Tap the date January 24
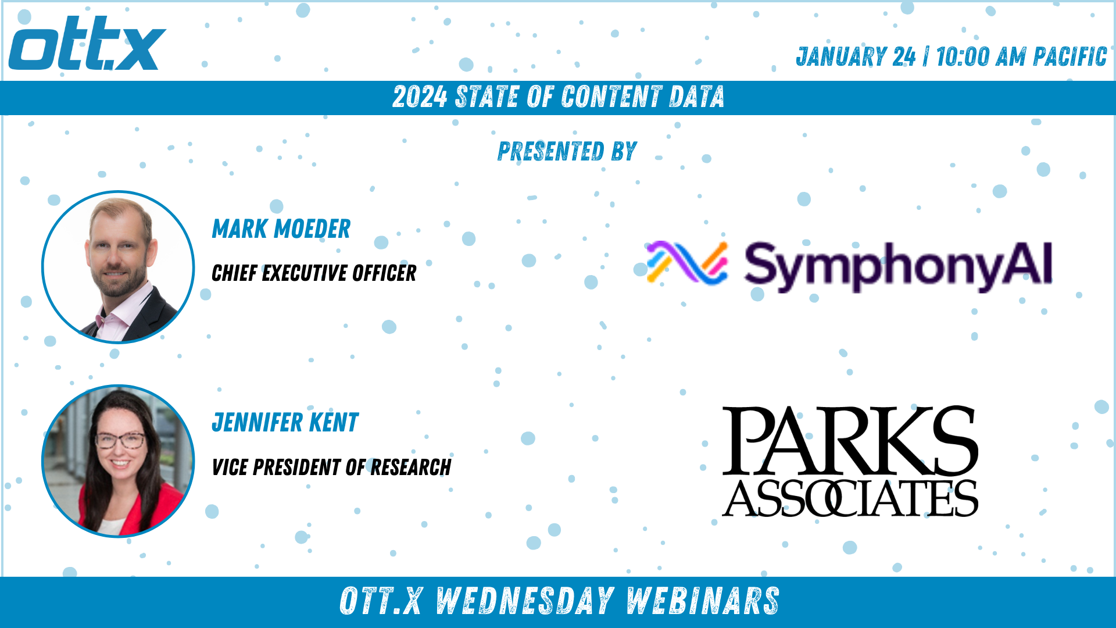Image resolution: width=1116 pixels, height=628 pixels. tap(856, 57)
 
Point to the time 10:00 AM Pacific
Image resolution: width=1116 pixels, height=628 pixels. tap(1021, 57)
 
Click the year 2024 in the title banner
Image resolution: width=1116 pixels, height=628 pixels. tap(420, 97)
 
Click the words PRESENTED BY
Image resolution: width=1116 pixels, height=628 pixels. tap(567, 151)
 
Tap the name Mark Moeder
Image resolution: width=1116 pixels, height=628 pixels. tap(281, 229)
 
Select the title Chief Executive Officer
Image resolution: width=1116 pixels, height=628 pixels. tap(314, 273)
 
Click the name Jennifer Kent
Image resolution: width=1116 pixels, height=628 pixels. tap(285, 423)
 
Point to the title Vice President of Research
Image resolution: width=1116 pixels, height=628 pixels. tap(331, 467)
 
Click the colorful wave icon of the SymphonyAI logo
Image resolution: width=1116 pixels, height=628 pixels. tap(687, 263)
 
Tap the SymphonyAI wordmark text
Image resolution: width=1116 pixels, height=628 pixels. tap(899, 266)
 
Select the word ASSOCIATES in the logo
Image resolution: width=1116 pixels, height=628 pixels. tap(850, 498)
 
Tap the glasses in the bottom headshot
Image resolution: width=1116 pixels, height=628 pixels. tap(120, 440)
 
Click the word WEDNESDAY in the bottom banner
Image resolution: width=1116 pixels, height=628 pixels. tap(525, 601)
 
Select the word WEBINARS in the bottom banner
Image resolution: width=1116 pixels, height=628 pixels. tap(703, 601)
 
